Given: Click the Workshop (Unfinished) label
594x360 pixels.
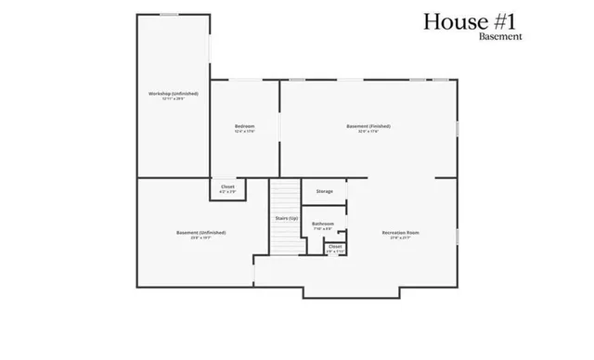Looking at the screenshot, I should click(173, 94).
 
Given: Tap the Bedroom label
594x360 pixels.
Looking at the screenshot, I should click(244, 126).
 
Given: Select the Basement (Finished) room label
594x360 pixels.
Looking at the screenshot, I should click(368, 126).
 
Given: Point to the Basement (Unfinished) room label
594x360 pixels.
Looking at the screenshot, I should click(200, 233).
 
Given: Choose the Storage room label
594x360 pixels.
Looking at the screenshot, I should click(324, 191).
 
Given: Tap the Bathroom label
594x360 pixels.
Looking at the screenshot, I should click(323, 224).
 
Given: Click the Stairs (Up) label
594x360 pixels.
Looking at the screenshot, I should click(286, 218).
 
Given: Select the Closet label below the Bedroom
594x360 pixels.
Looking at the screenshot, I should click(227, 186).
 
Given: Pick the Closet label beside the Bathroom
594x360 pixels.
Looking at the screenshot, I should click(335, 246).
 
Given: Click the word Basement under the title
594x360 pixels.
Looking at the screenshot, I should click(500, 37).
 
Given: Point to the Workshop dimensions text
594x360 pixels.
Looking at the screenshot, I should click(173, 99).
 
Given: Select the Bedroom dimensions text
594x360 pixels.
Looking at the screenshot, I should click(244, 132).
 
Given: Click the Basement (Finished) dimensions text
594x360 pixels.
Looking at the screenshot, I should click(368, 132).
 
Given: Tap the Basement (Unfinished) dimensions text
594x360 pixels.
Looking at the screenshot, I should click(200, 238).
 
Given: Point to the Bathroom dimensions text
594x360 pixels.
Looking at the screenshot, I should click(323, 228).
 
